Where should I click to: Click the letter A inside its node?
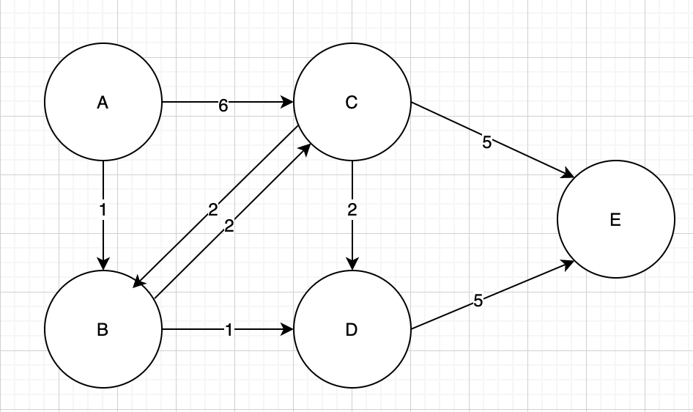point(103,103)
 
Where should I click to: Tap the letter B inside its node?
point(103,330)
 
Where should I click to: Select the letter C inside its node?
point(352,103)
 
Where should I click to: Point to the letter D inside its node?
point(352,330)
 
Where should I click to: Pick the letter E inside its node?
point(615,220)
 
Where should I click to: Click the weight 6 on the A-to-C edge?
point(223,106)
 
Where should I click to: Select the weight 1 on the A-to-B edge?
point(103,209)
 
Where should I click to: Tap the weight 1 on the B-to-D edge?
point(229,331)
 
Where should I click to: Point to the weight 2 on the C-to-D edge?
point(352,210)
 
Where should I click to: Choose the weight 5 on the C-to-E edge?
point(487,142)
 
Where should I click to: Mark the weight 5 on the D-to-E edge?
point(478,301)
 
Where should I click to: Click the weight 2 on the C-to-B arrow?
point(212,210)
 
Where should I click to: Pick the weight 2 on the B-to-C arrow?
point(229,226)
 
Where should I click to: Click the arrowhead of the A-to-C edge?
point(288,103)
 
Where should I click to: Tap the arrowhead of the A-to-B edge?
point(103,265)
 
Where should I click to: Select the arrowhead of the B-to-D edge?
point(288,330)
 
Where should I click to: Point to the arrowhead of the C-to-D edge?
point(352,265)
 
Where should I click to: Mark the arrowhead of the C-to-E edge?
point(567,174)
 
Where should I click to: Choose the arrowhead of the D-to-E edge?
point(568,265)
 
